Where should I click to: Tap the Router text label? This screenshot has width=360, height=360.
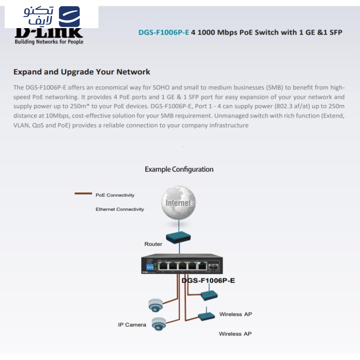(x=153, y=244)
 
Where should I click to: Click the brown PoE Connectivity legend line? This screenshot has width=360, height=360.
(x=83, y=194)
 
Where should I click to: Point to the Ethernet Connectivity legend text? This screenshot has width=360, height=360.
(x=120, y=209)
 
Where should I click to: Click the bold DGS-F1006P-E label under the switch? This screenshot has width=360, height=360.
(x=208, y=281)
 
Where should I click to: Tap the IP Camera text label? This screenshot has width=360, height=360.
(x=132, y=324)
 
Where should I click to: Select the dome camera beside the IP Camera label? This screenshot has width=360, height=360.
(x=159, y=323)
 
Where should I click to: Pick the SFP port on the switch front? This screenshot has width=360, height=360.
(x=215, y=266)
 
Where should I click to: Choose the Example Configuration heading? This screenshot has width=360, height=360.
(x=179, y=169)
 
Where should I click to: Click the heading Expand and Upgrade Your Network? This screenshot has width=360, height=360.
(x=82, y=72)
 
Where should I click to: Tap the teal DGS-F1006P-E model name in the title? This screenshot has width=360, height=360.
(x=164, y=32)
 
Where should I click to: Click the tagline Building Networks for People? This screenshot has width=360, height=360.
(x=49, y=42)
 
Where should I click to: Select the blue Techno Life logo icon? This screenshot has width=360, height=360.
(x=69, y=16)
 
